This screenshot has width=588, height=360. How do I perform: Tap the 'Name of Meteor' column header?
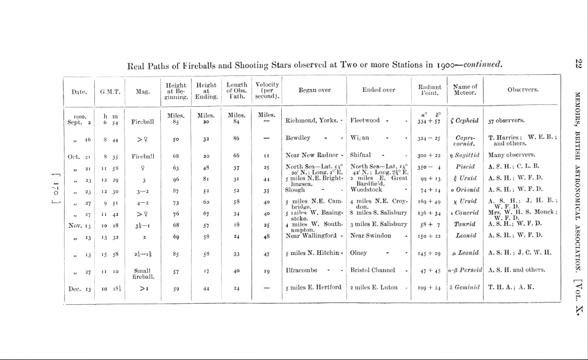point(465,90)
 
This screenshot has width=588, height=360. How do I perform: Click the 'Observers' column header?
point(523,90)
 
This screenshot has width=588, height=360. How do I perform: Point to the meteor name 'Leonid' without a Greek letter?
point(465,235)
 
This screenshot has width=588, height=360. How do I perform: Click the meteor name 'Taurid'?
point(465,224)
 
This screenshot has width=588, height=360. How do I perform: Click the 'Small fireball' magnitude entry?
point(143,273)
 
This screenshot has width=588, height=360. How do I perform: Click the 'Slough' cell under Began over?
point(295,191)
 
